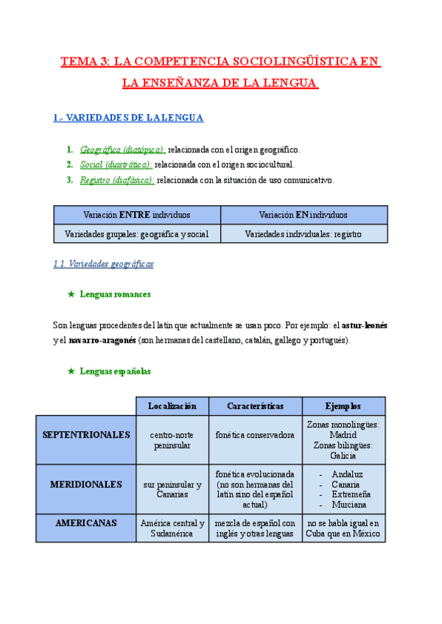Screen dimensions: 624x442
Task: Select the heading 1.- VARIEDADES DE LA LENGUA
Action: pos(129,118)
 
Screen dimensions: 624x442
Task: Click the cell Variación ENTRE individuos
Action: pos(137,215)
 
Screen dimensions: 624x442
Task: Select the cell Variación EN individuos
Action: pos(304,215)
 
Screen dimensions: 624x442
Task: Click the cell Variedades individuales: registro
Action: pos(304,234)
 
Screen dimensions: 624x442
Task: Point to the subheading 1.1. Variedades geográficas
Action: pos(104,263)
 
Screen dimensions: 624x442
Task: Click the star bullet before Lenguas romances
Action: pos(71,294)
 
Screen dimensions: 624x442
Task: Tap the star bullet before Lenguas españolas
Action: pos(71,372)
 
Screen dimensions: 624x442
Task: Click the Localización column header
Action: pos(172,406)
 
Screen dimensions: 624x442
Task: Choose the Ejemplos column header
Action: pos(343,406)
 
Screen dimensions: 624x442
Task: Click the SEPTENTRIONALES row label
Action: pos(85,435)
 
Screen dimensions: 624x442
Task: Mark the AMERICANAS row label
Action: pos(86,523)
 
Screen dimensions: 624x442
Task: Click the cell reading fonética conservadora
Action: pos(255,435)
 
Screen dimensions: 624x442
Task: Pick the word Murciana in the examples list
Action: pos(350,506)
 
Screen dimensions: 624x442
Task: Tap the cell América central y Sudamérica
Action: pos(172,528)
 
